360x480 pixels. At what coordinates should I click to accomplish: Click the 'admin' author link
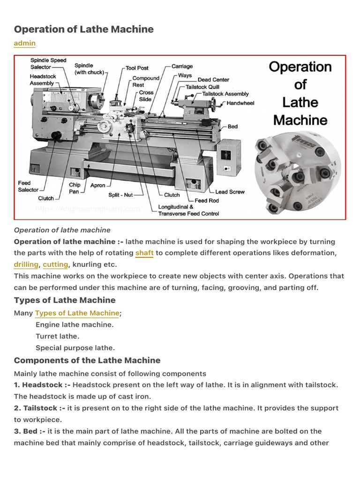24,43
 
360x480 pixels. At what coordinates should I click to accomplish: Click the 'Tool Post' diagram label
137,68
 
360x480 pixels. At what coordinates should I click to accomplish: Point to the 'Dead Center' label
213,80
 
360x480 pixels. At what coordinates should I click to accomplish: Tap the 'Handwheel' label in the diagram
240,103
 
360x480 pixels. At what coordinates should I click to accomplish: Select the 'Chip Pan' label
75,188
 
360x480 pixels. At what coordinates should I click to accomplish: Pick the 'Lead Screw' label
230,192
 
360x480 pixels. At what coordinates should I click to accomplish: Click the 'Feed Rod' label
207,201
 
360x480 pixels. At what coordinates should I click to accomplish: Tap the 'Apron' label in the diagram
98,185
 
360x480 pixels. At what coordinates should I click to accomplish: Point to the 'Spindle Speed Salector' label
48,64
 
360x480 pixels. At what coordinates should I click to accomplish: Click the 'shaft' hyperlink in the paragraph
144,253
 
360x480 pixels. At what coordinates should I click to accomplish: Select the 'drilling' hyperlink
26,264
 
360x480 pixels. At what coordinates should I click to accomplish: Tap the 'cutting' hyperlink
55,264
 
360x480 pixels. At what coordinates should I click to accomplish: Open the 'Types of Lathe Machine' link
77,313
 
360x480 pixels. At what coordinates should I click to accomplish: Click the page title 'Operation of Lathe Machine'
84,29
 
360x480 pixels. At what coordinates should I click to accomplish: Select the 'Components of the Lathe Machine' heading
87,360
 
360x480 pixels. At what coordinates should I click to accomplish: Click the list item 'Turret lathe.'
58,336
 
